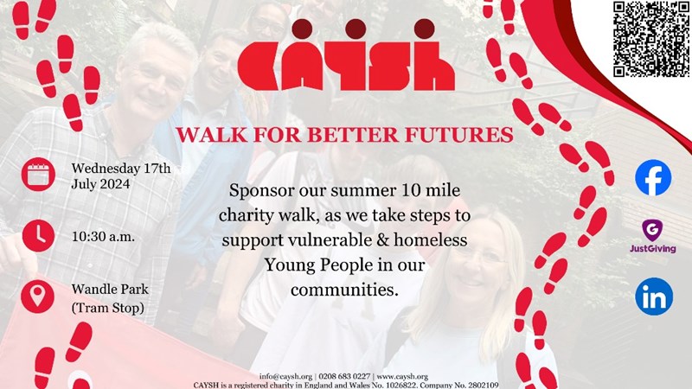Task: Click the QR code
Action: (651, 39)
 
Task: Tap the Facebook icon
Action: (653, 177)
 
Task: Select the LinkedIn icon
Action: (654, 297)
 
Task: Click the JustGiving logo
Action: (653, 236)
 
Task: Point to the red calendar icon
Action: (38, 175)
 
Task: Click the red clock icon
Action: (38, 235)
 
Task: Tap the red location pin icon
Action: (38, 297)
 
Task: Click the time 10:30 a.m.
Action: (103, 237)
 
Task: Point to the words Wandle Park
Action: (110, 290)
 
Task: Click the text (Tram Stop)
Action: (107, 308)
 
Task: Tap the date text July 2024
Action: (100, 184)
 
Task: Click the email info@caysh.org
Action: (285, 377)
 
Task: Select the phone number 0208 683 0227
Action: (344, 377)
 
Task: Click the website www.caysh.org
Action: (402, 377)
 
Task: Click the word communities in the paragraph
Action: (344, 290)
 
